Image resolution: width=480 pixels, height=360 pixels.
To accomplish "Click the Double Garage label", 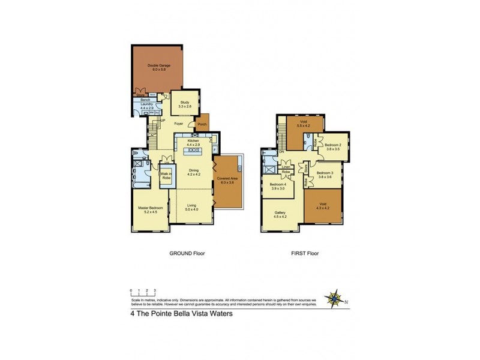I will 150,68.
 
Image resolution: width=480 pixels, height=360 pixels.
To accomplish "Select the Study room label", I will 181,104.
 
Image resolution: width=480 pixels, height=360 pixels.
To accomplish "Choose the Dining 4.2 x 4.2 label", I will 193,172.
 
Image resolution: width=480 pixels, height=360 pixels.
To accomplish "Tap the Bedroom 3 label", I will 328,175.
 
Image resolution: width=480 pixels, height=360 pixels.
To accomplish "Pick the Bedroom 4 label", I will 277,187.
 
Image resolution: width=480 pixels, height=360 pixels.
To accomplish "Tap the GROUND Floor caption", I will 187,254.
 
